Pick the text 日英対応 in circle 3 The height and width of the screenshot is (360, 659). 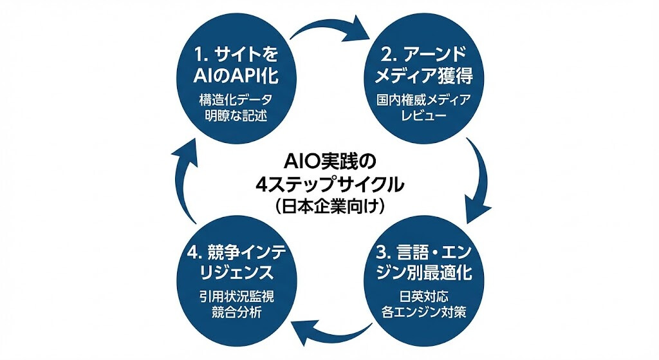pos(423,299)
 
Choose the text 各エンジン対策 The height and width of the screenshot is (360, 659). pos(423,316)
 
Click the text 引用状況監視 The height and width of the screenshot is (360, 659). pos(236,299)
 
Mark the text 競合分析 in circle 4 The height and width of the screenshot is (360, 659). pos(236,316)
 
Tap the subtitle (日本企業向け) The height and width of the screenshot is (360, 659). pos(329,207)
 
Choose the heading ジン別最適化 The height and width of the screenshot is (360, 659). pos(423,272)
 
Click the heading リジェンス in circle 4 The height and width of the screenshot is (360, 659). pos(236,272)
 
